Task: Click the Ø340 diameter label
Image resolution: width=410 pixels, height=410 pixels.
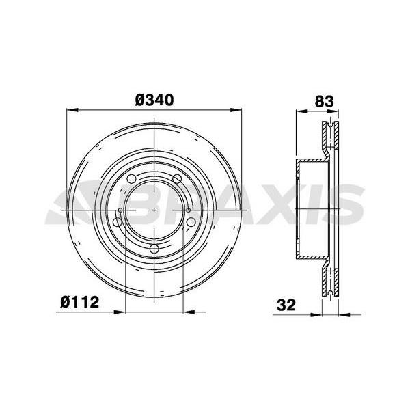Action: click(154, 100)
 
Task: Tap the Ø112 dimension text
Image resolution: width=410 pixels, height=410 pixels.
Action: click(80, 302)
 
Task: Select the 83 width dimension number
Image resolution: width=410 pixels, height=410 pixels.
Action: click(324, 101)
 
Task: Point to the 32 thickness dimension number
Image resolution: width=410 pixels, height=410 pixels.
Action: click(286, 305)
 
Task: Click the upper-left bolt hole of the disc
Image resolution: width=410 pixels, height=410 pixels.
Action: click(131, 179)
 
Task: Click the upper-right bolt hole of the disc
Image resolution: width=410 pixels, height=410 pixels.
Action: click(177, 179)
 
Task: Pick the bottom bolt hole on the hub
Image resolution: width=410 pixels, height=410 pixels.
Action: click(154, 249)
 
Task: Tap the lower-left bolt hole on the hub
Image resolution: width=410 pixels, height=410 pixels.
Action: click(117, 222)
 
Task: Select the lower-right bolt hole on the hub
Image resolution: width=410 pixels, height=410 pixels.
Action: click(191, 222)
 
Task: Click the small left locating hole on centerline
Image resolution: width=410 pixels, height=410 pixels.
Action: click(120, 210)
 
